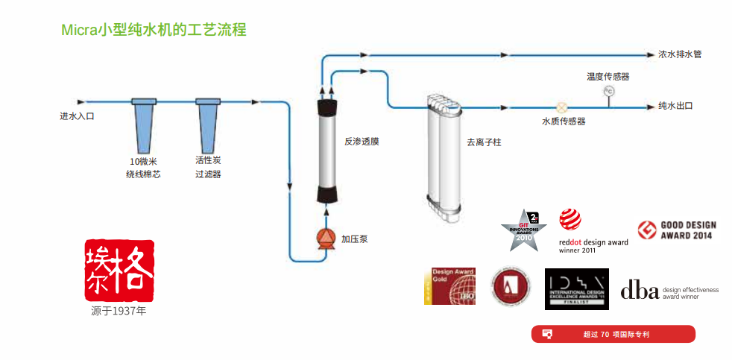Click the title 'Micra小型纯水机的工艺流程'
(x=154, y=31)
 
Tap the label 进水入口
(x=78, y=116)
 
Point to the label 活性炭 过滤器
(x=208, y=168)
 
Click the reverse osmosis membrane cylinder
(x=328, y=149)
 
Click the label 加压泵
(x=354, y=239)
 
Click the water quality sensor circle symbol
(x=563, y=107)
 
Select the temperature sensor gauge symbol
(x=608, y=91)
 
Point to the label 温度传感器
(x=608, y=76)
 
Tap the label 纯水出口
(x=675, y=107)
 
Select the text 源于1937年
(x=119, y=311)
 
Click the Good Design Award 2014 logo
(x=676, y=230)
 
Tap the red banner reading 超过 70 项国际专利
(x=613, y=334)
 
